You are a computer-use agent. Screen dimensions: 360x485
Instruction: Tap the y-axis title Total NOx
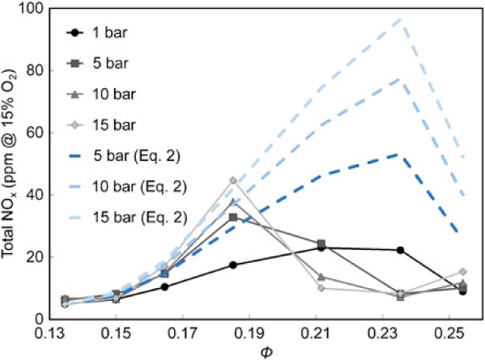tap(11, 166)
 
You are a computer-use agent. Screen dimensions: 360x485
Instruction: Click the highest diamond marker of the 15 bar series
tap(233, 180)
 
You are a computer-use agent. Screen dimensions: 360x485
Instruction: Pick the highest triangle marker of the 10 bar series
tap(233, 201)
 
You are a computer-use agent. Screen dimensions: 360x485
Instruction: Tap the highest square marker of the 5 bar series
tap(233, 217)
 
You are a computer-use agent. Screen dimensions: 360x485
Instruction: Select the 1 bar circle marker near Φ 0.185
tap(233, 265)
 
